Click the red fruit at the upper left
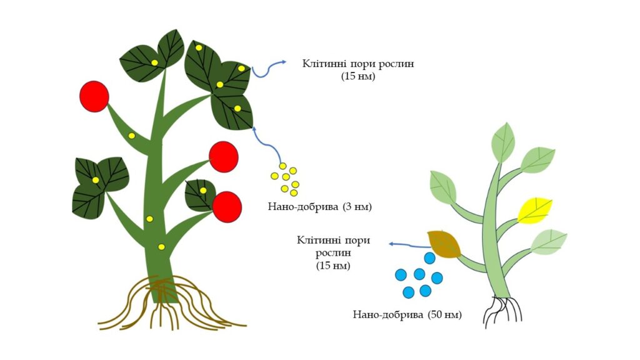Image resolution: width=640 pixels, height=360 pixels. [94, 97]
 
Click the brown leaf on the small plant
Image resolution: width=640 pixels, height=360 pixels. [443, 244]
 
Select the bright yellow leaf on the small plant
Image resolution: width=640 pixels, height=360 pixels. [535, 209]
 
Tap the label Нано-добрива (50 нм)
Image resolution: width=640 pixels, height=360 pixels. [407, 314]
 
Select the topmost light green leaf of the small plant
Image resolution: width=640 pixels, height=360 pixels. [504, 142]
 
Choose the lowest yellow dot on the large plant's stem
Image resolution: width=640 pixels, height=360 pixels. [161, 247]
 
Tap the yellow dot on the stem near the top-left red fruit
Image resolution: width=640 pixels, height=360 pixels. [131, 136]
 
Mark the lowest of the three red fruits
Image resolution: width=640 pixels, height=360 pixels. [227, 206]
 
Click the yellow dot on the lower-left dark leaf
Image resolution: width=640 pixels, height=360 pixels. [96, 181]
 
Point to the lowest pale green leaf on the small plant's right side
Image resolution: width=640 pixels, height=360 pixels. [548, 242]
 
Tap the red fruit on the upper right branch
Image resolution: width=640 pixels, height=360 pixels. [223, 156]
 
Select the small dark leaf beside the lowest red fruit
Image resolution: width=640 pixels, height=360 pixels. [199, 195]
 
